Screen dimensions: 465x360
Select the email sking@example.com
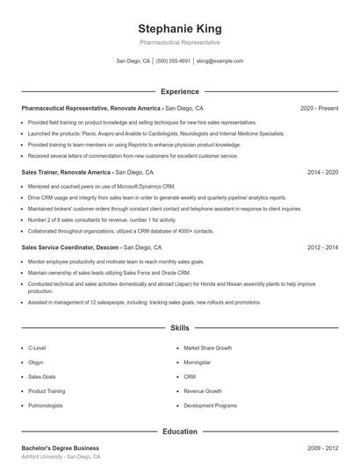click(220, 61)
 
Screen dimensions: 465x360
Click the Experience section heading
click(179, 91)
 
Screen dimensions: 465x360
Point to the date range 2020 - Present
click(319, 108)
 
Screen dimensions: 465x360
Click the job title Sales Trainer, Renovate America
click(67, 173)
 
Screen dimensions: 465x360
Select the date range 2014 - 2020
click(322, 173)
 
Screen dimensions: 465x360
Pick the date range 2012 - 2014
click(322, 248)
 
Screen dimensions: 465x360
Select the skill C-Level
click(38, 347)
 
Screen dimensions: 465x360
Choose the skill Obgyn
click(36, 361)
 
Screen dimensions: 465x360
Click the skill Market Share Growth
click(207, 347)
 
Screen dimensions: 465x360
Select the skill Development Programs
click(210, 405)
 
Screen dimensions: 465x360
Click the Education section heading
click(179, 432)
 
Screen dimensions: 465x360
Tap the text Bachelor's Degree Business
click(61, 448)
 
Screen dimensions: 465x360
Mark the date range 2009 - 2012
click(322, 448)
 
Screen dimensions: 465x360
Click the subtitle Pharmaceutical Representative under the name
click(179, 42)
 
